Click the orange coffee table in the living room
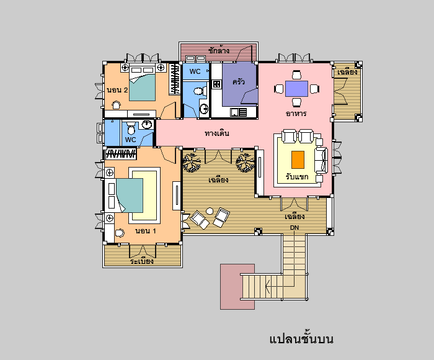click(x=298, y=160)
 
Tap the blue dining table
click(x=296, y=89)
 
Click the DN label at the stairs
click(x=294, y=228)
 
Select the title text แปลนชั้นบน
click(x=301, y=339)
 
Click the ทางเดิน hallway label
click(x=217, y=133)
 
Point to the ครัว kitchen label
click(x=239, y=81)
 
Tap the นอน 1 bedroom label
click(x=146, y=231)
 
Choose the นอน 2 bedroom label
click(x=117, y=90)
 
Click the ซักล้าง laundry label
click(x=219, y=50)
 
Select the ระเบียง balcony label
click(x=142, y=261)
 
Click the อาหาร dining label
click(x=296, y=114)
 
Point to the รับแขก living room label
click(x=297, y=176)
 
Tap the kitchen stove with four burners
click(x=217, y=84)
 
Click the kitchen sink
click(x=238, y=112)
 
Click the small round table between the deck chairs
click(x=210, y=211)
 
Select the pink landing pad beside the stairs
click(x=237, y=287)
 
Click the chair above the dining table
click(x=296, y=75)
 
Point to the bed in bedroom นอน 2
click(x=142, y=83)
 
